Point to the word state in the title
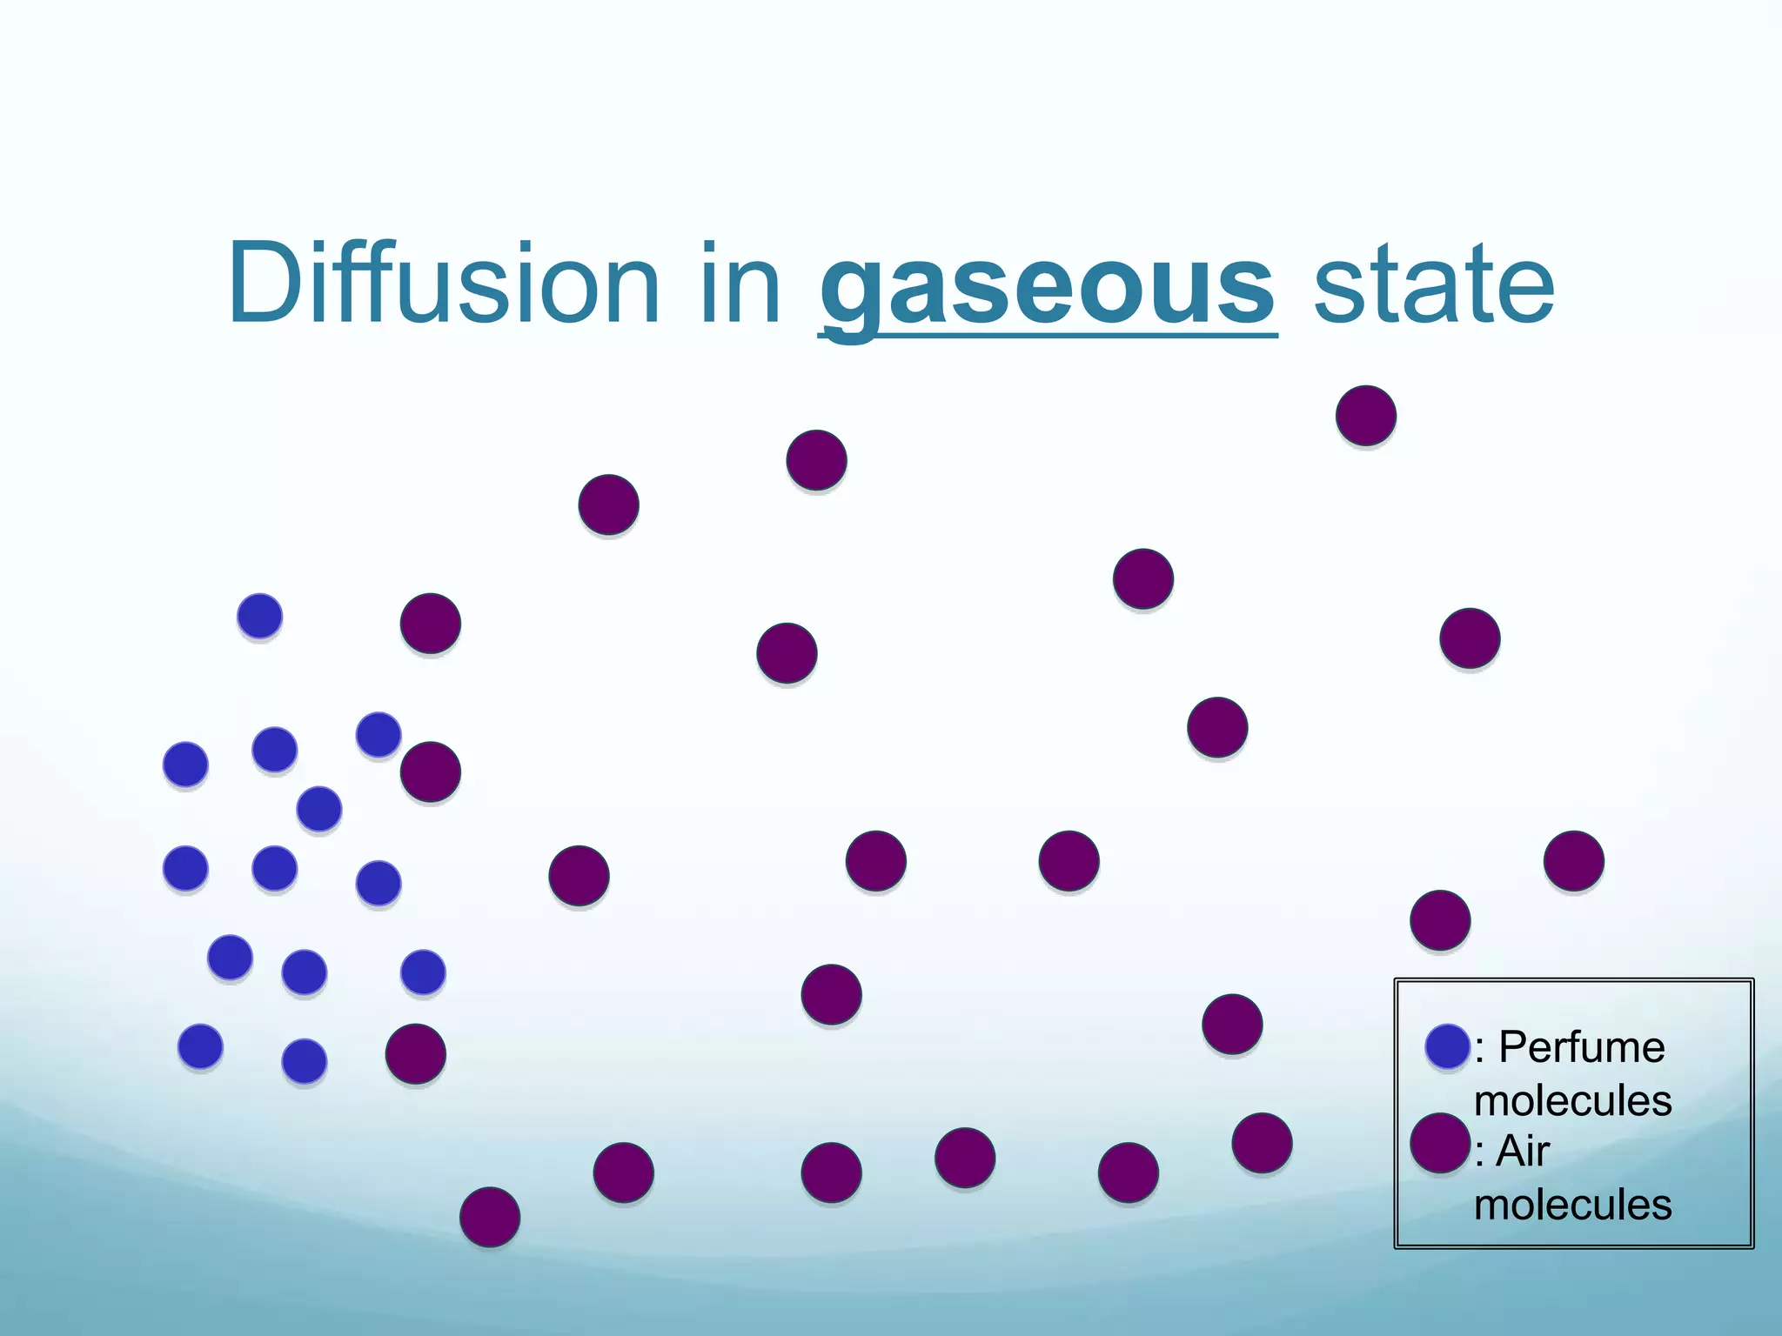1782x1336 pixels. coord(1433,285)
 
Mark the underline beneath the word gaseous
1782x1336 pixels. coord(1048,336)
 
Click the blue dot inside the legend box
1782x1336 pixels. coord(1448,1046)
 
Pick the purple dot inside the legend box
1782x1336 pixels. coord(1440,1143)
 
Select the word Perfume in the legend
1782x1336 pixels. coord(1581,1046)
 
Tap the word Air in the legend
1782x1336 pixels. coord(1523,1152)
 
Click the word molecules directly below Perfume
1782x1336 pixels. coord(1572,1100)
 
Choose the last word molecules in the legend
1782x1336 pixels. coord(1572,1205)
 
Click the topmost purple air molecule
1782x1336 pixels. coord(1366,416)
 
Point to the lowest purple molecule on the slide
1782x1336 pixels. coord(490,1217)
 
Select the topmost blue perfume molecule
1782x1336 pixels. coord(259,617)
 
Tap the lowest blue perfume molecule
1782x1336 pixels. coord(305,1061)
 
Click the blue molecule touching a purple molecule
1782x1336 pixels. coord(379,735)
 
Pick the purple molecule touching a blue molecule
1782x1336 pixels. coord(430,772)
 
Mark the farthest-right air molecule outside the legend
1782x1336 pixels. coord(1574,861)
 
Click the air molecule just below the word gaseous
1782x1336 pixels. coord(816,460)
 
